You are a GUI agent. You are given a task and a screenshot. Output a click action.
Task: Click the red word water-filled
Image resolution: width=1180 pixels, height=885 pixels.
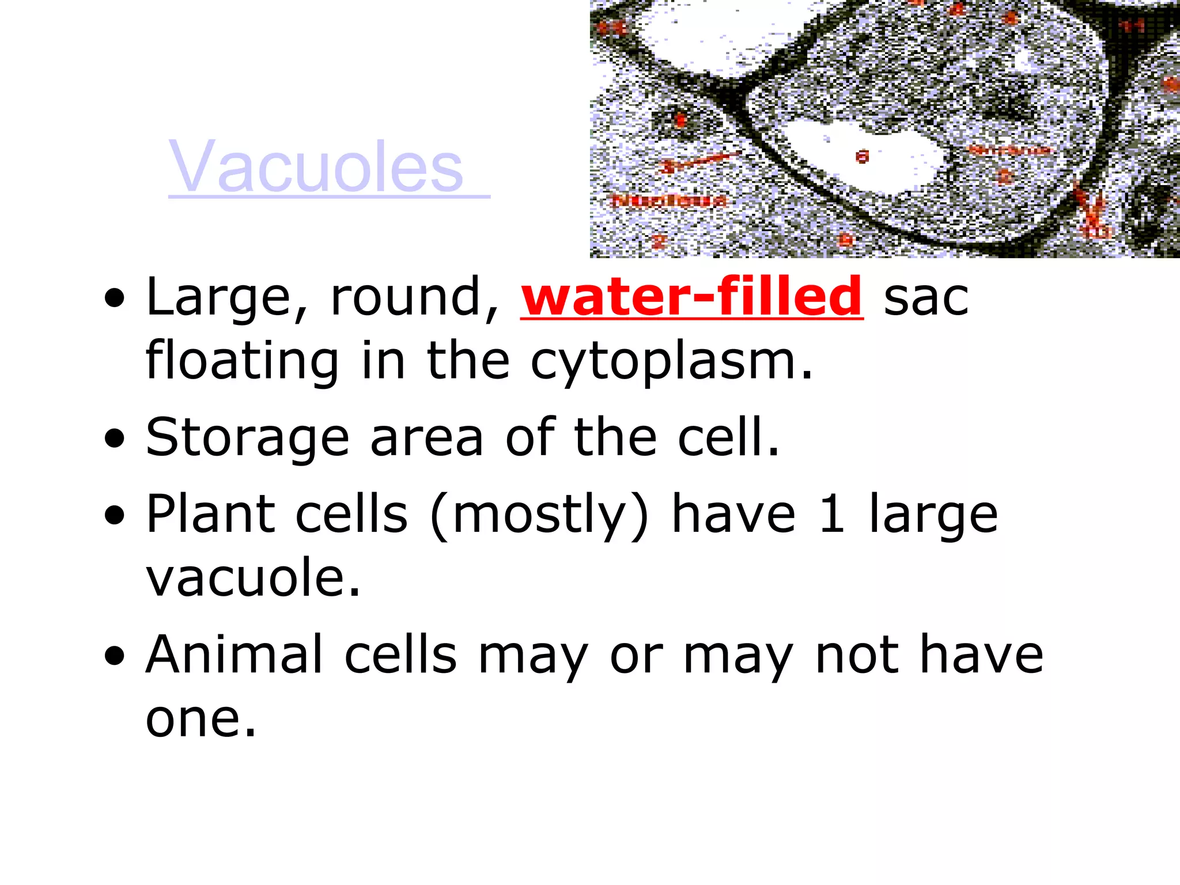click(x=691, y=296)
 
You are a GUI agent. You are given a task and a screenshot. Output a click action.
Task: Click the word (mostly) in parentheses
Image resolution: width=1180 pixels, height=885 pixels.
click(x=539, y=516)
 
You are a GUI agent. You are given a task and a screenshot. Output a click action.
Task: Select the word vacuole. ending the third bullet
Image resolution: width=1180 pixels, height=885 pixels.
click(x=253, y=577)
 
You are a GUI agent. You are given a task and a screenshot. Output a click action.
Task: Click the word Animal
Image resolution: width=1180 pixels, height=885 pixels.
click(x=234, y=655)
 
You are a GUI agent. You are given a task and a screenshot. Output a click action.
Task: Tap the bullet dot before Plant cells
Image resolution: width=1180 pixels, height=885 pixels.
click(x=115, y=515)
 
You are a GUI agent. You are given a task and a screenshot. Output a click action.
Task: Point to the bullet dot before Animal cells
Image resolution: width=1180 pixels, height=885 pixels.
click(x=115, y=656)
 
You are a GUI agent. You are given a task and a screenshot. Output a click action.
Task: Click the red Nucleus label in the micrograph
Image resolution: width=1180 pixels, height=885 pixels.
click(x=668, y=201)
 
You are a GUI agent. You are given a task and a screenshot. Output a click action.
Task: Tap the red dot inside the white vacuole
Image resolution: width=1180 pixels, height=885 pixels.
click(x=862, y=156)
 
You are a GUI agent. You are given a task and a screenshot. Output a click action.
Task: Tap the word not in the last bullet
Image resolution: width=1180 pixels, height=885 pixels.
click(x=857, y=656)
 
